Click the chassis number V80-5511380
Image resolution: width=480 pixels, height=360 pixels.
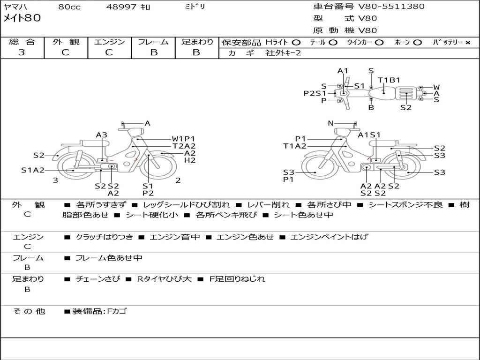pyautogui.click(x=391, y=7)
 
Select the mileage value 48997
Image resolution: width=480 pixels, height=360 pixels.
pyautogui.click(x=121, y=7)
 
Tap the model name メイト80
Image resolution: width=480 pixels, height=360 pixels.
pyautogui.click(x=22, y=18)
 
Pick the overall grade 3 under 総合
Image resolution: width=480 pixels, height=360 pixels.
pyautogui.click(x=22, y=52)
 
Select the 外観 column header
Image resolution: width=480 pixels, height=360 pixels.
pyautogui.click(x=66, y=42)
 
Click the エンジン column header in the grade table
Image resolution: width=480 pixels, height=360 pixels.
pyautogui.click(x=109, y=42)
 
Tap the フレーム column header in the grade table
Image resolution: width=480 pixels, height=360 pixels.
pyautogui.click(x=153, y=42)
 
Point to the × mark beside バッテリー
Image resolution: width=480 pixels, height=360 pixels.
pyautogui.click(x=467, y=43)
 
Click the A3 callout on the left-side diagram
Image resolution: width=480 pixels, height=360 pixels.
pyautogui.click(x=102, y=135)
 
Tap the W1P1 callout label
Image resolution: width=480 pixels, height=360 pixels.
pyautogui.click(x=183, y=139)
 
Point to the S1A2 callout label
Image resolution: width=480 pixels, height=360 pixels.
pyautogui.click(x=33, y=170)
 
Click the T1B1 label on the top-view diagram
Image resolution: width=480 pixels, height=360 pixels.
pyautogui.click(x=389, y=80)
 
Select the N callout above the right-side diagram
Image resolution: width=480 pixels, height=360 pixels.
pyautogui.click(x=330, y=123)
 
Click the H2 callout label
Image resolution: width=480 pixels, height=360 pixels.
pyautogui.click(x=190, y=160)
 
